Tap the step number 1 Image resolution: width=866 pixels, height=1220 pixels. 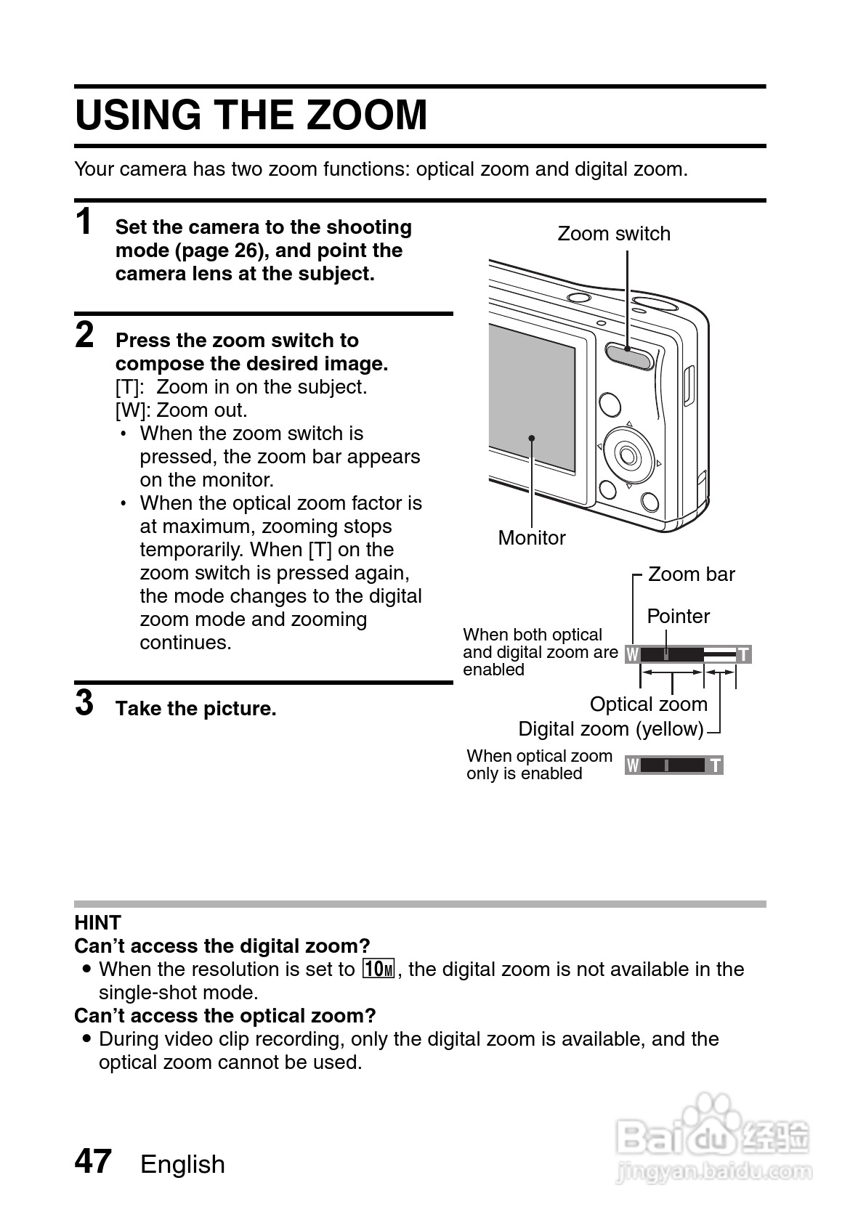[85, 221]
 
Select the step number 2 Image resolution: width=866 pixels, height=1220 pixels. [85, 335]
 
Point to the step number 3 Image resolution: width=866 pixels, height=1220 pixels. [85, 702]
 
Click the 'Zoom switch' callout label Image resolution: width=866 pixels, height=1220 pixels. [614, 234]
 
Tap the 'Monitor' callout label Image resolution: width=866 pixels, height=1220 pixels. [532, 538]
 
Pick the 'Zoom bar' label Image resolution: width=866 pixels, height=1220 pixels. [691, 574]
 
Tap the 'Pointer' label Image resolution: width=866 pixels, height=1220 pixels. [678, 617]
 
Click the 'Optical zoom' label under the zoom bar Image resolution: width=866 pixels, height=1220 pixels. [648, 704]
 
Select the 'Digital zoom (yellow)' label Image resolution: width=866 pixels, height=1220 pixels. [611, 729]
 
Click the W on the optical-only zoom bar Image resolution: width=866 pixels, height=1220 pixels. [633, 765]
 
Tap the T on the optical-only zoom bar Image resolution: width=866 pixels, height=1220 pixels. [716, 765]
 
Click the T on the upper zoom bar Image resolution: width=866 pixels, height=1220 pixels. [743, 655]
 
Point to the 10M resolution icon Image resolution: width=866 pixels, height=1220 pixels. [379, 969]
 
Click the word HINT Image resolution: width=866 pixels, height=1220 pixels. [97, 923]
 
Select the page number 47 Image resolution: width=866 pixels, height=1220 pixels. [93, 1161]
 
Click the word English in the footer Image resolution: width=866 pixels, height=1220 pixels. [182, 1165]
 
